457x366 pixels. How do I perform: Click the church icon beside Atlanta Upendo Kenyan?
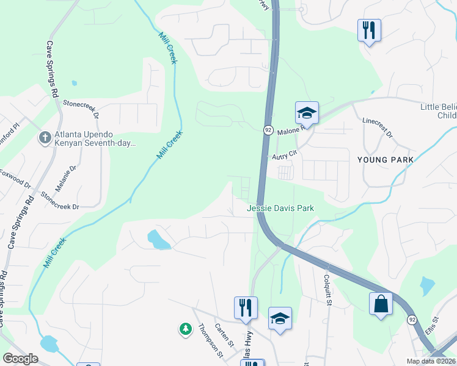tap(45, 138)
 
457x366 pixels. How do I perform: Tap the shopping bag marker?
tap(381, 304)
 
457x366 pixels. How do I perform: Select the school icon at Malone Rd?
tap(307, 113)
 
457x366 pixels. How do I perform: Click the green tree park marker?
tap(185, 329)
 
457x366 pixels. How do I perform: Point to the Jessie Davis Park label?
tap(280, 208)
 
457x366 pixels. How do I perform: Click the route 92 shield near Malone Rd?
tap(268, 130)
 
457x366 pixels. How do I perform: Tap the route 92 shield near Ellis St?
tap(412, 319)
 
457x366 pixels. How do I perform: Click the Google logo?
tap(20, 359)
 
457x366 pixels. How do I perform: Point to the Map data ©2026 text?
tap(430, 361)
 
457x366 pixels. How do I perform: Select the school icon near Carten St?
tap(280, 318)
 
